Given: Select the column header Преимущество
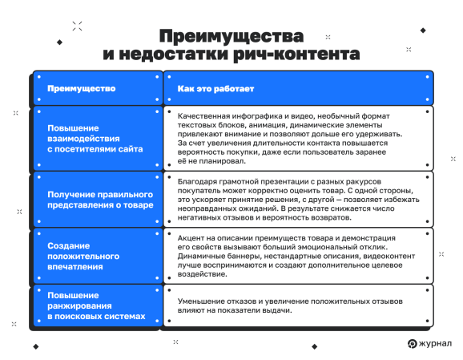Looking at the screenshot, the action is [82, 87].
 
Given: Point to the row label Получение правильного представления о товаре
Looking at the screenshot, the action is [100, 199].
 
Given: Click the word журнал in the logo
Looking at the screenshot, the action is [433, 344].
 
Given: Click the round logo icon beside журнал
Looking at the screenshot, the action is [413, 344].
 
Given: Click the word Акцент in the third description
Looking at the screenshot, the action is [192, 240].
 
